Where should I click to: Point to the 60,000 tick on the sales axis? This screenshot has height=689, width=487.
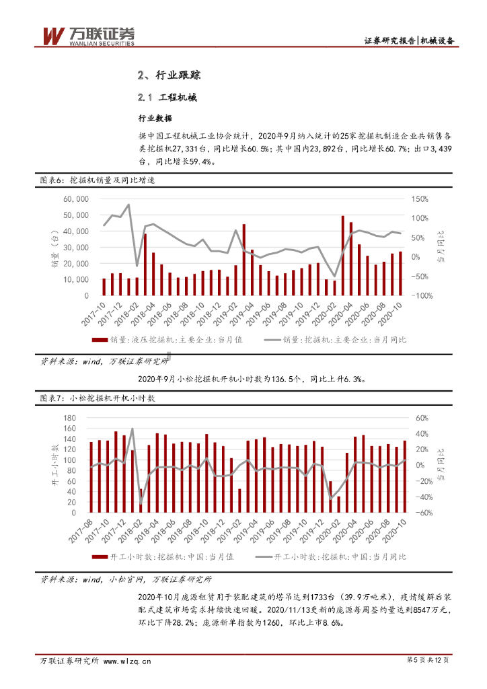(x=77, y=199)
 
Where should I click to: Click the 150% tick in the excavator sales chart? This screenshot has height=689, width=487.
(x=419, y=199)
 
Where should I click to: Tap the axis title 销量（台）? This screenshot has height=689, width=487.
(x=54, y=247)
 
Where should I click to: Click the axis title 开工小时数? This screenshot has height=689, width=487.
(x=54, y=465)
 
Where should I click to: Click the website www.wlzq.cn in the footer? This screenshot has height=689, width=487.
(x=125, y=661)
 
